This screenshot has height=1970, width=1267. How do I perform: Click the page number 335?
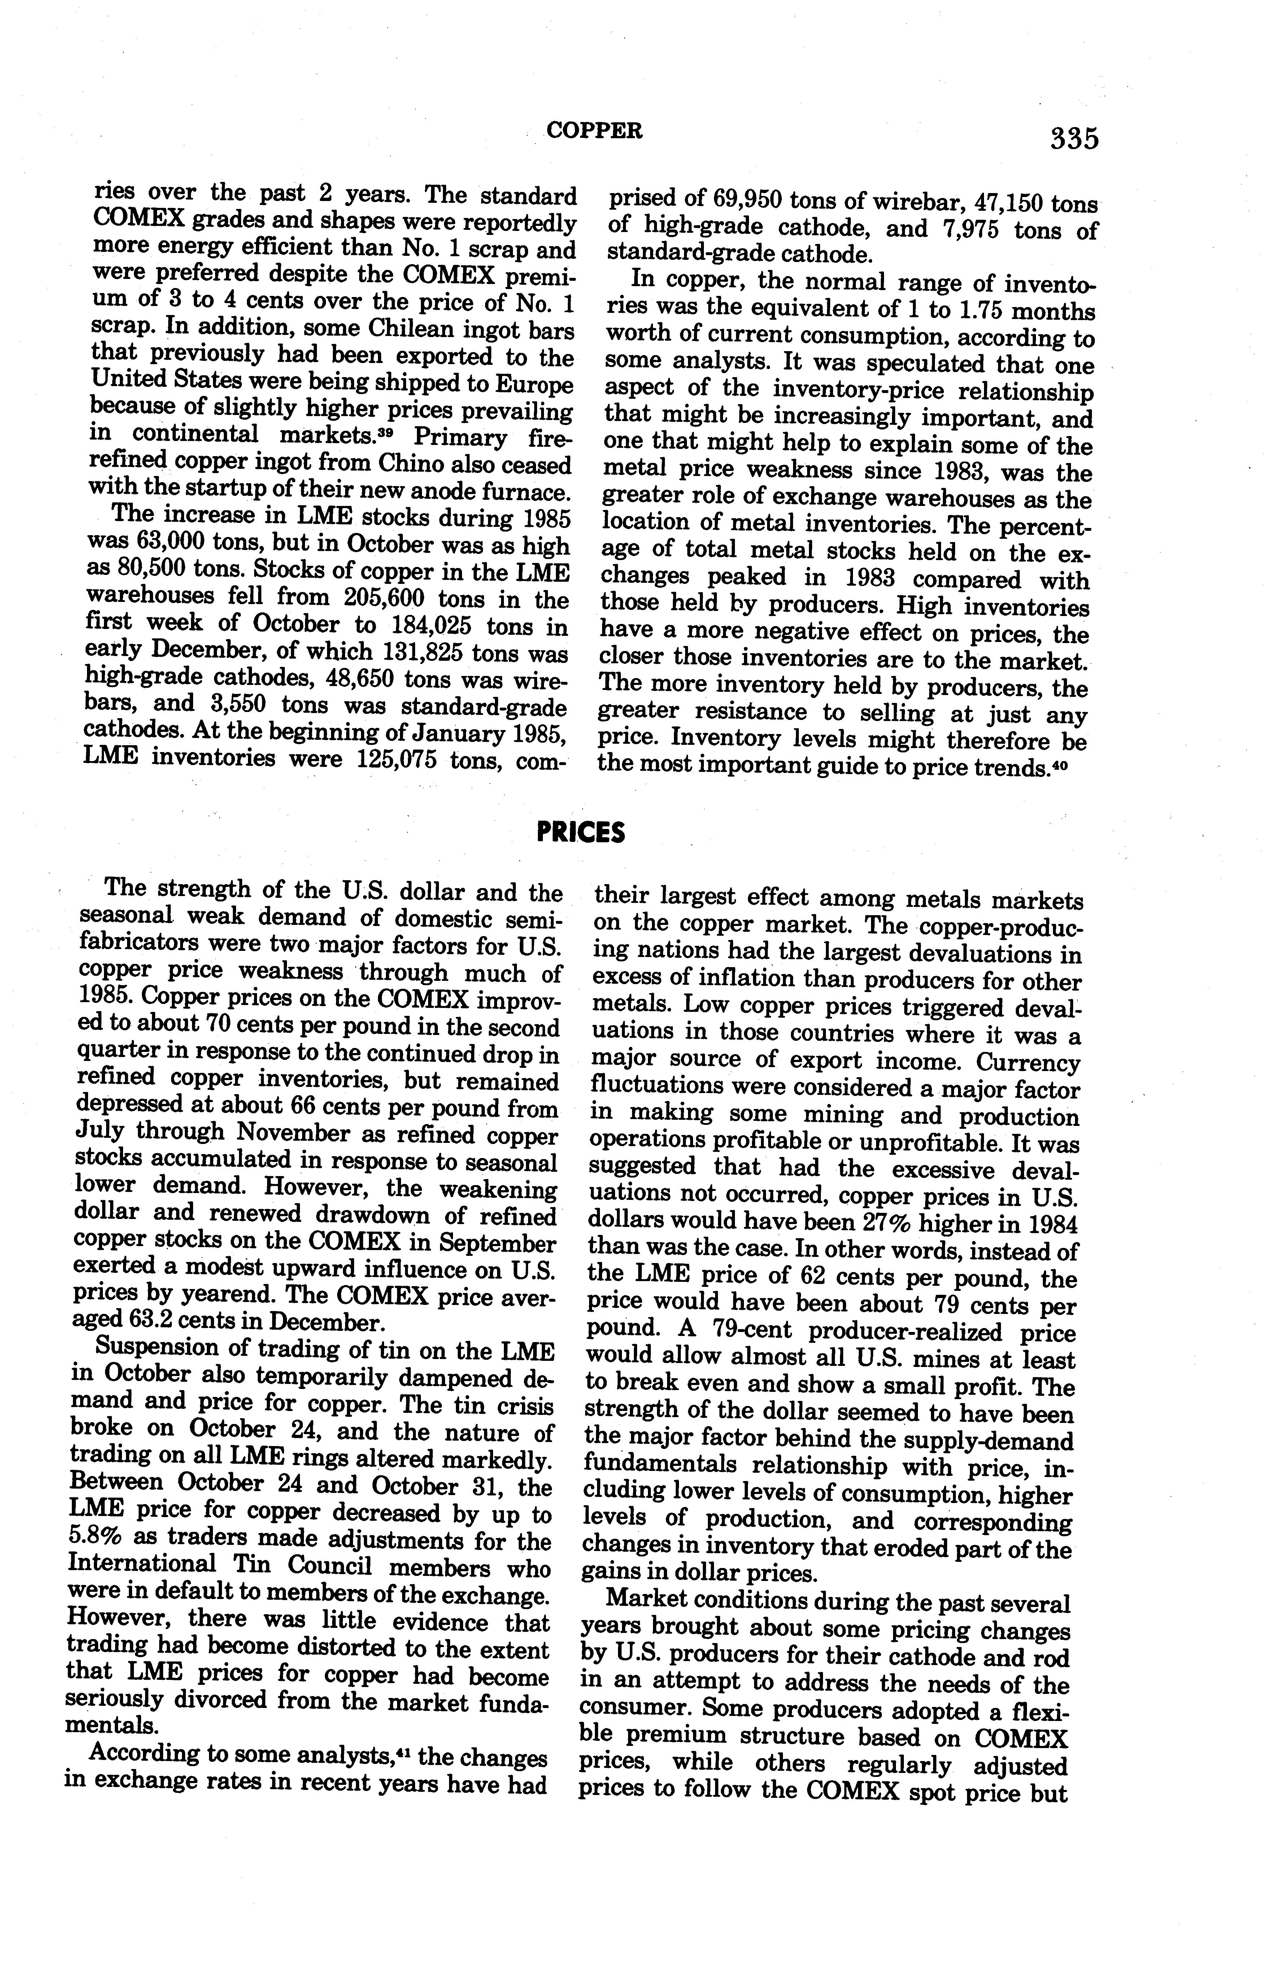pos(1074,138)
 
